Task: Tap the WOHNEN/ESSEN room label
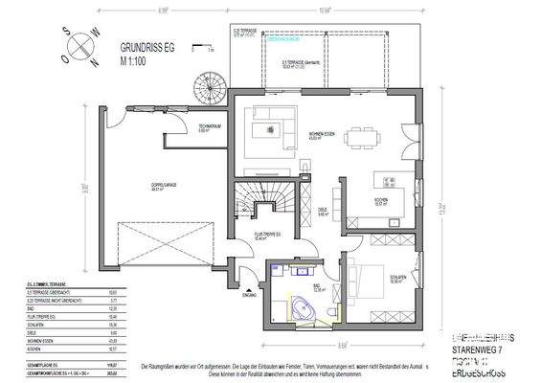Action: (x=321, y=133)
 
